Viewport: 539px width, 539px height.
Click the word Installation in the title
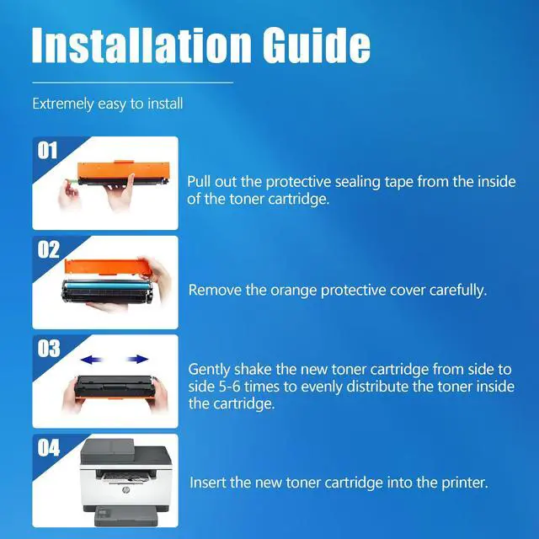(x=141, y=45)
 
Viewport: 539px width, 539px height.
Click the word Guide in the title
(x=317, y=45)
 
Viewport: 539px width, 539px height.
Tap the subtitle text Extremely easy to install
(x=108, y=104)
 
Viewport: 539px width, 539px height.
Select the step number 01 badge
(x=47, y=151)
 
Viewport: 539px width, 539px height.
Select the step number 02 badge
(x=48, y=249)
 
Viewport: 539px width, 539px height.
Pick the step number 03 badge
(x=49, y=349)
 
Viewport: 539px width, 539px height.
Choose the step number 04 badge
(x=49, y=447)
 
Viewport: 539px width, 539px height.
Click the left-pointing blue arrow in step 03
(x=92, y=360)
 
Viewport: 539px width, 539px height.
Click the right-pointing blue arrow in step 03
(x=137, y=360)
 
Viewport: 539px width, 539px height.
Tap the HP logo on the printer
(x=125, y=489)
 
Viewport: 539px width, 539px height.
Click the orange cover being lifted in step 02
(x=108, y=267)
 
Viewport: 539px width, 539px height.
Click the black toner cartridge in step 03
(x=115, y=386)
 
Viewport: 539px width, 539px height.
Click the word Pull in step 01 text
(x=199, y=182)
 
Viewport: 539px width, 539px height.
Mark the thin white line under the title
(x=133, y=83)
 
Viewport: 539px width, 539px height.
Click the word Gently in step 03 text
(x=209, y=371)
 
